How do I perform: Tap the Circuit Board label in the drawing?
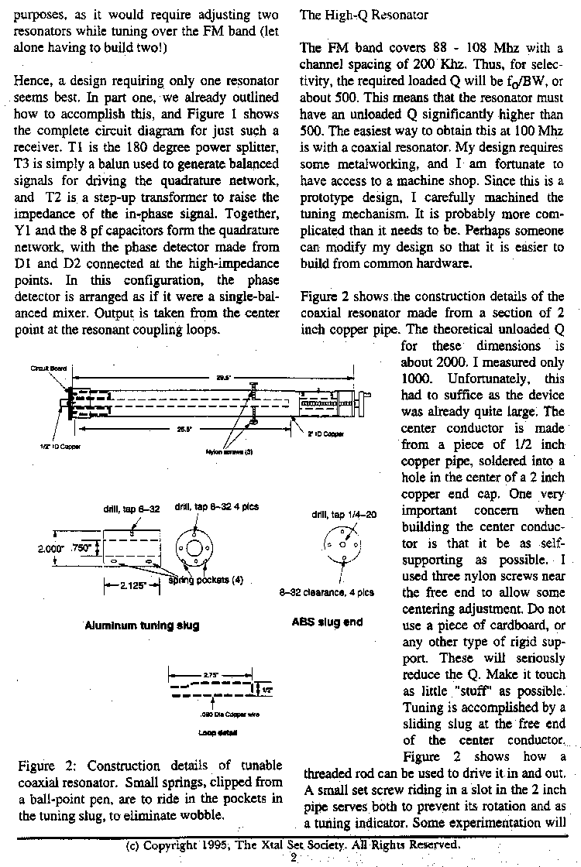coord(46,369)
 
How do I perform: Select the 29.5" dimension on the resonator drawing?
coord(221,377)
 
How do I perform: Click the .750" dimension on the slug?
coord(82,548)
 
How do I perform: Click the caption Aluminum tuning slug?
coord(142,625)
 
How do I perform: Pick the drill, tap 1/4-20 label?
coord(343,514)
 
